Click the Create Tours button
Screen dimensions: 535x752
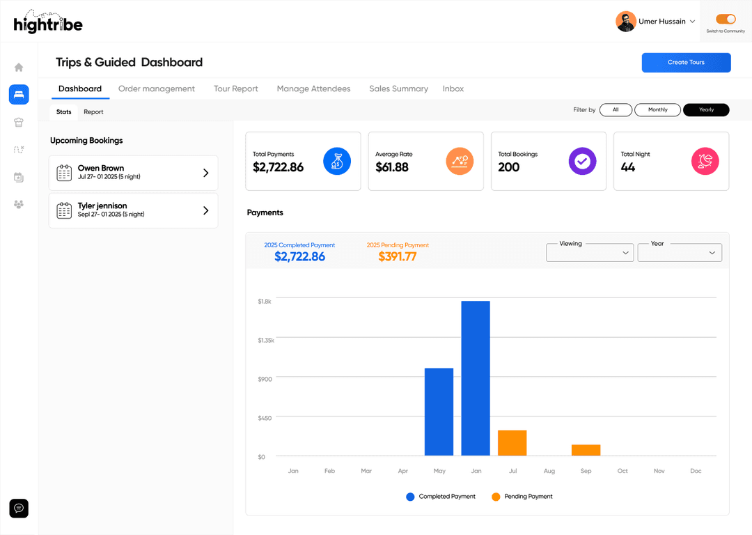tap(686, 63)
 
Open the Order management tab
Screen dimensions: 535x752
tap(157, 89)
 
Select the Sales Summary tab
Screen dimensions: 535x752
tap(398, 89)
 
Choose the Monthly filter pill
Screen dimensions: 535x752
tap(657, 110)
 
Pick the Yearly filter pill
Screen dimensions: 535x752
tap(706, 110)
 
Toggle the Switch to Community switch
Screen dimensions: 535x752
tap(726, 20)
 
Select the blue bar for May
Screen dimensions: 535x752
tap(439, 412)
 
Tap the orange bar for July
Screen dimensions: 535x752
tap(512, 443)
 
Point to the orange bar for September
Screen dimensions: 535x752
tap(586, 450)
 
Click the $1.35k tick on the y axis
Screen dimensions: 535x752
tap(266, 340)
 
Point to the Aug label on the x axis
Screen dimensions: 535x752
tap(549, 472)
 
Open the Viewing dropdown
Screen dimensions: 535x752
tap(590, 253)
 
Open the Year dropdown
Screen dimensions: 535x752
tap(680, 253)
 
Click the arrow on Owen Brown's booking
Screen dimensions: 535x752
tap(205, 173)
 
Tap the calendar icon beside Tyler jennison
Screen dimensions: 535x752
tap(64, 210)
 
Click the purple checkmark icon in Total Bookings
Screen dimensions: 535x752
tap(582, 162)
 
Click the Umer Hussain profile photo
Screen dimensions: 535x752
tap(625, 22)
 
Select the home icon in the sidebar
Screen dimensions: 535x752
tap(19, 68)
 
